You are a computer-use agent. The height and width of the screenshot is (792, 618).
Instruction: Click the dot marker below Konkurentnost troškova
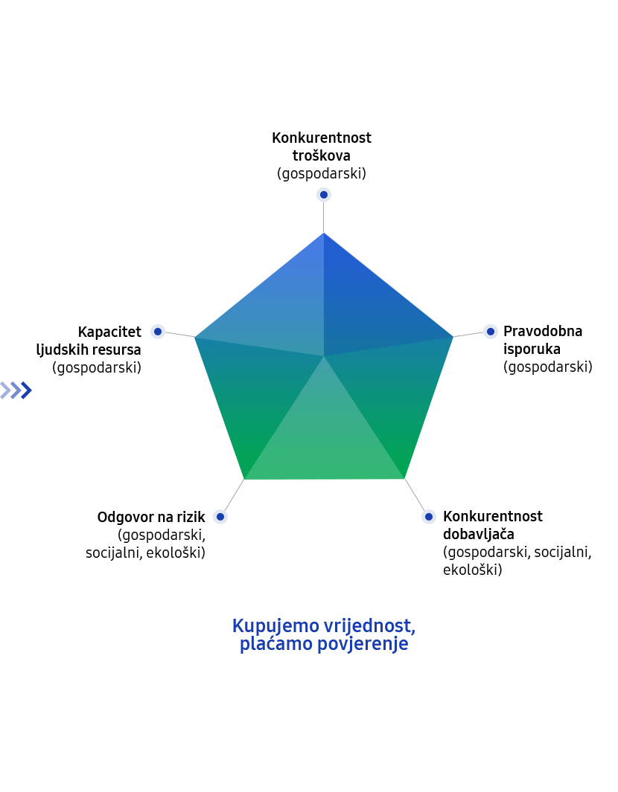[x=324, y=194]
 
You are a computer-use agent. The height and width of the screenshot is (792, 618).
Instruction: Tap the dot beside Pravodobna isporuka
[x=490, y=332]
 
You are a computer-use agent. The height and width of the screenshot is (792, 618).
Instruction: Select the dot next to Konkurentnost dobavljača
[x=428, y=516]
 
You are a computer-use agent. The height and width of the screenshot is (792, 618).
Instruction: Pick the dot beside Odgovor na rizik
[x=220, y=517]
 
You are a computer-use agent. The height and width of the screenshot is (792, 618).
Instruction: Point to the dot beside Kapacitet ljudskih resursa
[x=158, y=332]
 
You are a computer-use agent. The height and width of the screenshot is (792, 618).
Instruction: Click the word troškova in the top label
[x=321, y=155]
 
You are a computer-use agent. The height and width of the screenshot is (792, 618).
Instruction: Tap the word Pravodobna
[x=543, y=332]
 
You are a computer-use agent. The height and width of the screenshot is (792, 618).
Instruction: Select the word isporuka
[x=532, y=349]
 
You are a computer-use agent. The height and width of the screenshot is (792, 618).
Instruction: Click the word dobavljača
[x=479, y=534]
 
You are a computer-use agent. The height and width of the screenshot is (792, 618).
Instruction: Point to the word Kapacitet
[x=109, y=332]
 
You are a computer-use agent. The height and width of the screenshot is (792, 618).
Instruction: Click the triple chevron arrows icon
[x=16, y=390]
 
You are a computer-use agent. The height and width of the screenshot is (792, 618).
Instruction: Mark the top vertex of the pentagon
[x=324, y=233]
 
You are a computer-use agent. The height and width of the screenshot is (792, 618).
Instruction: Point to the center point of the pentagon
[x=324, y=357]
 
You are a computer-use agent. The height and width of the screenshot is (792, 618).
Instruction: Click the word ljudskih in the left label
[x=63, y=350]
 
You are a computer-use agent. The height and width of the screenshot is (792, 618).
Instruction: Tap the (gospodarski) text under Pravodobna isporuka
[x=548, y=367]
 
